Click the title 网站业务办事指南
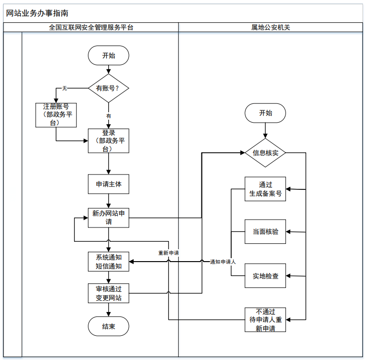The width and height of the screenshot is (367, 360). point(38,13)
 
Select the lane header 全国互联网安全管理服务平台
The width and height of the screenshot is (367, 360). point(91,28)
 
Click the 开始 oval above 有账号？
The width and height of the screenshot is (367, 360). point(109,55)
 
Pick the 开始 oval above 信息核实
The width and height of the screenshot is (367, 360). point(265,113)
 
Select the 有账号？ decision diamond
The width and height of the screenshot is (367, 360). point(109,88)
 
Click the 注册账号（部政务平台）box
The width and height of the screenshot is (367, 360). point(56,115)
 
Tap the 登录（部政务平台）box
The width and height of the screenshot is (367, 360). point(109,141)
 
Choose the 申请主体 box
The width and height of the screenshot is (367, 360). point(109,185)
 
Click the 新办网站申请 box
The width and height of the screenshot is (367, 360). point(109,218)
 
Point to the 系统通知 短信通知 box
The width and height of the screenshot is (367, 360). point(109,262)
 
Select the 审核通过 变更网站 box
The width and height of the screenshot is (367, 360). point(109,293)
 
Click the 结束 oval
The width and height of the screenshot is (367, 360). point(109,326)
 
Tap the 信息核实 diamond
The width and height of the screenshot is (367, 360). point(266,153)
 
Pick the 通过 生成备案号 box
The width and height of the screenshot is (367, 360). point(266,189)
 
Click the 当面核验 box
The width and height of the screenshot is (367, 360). point(266,231)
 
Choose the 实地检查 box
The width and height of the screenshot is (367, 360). point(266,276)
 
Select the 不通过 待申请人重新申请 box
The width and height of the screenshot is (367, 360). point(266,319)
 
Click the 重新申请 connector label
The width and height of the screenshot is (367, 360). point(168,253)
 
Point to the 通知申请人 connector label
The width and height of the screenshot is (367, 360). point(223,262)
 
